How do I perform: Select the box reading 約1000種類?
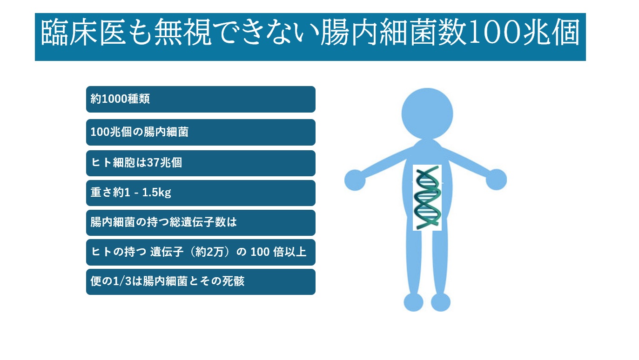pos(201,99)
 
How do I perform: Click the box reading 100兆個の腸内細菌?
pos(201,132)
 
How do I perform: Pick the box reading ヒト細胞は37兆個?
pos(201,163)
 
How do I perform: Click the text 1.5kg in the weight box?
pos(156,193)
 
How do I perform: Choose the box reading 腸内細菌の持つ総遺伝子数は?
pos(201,223)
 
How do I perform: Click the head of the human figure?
pos(427,113)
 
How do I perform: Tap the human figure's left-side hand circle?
pos(355,180)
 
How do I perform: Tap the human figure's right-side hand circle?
pos(497,180)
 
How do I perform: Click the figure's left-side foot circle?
pos(413,302)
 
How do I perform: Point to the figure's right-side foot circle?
pos(441,302)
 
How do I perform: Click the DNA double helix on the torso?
pos(427,198)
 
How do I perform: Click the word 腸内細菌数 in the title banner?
pos(394,32)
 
